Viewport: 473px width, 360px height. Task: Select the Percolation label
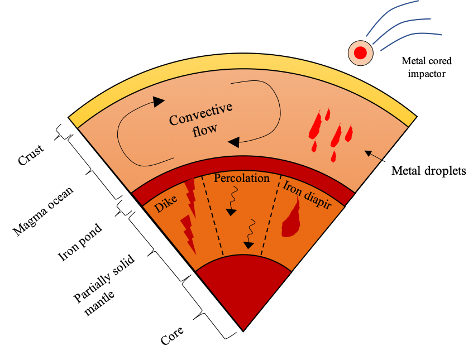coord(242,179)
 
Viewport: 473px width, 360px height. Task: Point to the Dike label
coord(166,205)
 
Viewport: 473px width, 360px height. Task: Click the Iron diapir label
coord(307,196)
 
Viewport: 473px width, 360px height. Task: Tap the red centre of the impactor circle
coord(360,53)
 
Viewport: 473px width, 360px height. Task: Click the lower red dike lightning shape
coord(188,234)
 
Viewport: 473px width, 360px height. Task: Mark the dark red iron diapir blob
coord(292,220)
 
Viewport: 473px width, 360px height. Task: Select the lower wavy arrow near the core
coord(251,234)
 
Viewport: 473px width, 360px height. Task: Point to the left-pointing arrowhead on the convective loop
coord(235,142)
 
